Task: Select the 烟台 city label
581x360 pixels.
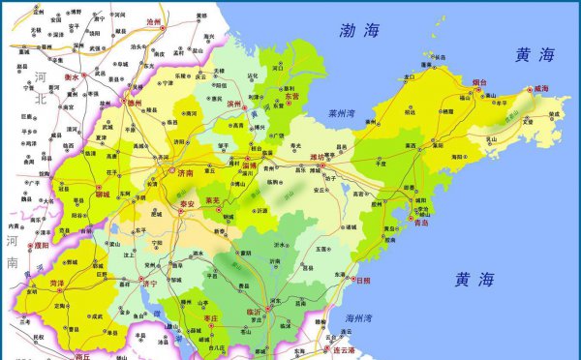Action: (x=477, y=83)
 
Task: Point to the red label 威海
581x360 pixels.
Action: (x=538, y=89)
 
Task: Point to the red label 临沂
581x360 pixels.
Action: (x=254, y=312)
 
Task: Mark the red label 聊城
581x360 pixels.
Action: (x=83, y=195)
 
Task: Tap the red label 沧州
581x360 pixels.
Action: (x=153, y=20)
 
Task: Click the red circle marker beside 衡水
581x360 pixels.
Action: (x=85, y=75)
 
